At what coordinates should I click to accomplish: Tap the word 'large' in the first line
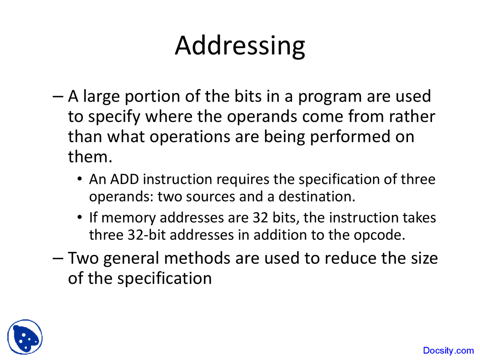click(101, 96)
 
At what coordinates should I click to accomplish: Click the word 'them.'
click(90, 156)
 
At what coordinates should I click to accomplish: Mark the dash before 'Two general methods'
click(58, 258)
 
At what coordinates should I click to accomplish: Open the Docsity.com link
click(448, 351)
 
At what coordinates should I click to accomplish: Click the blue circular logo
click(25, 337)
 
